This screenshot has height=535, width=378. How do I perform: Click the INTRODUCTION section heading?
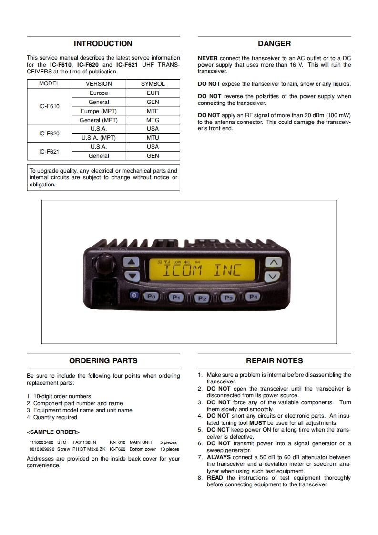(103, 44)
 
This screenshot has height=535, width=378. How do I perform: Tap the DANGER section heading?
(274, 44)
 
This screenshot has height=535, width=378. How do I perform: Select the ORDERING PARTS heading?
(103, 361)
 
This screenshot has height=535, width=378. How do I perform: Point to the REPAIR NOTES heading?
(274, 361)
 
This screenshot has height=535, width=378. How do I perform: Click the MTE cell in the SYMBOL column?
(153, 111)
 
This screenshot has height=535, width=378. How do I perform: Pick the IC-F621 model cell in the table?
(49, 152)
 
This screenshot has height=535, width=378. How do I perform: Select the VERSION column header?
(99, 83)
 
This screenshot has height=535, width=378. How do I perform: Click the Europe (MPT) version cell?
(99, 111)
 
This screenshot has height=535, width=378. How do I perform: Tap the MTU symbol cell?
(153, 138)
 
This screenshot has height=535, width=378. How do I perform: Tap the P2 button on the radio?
(202, 298)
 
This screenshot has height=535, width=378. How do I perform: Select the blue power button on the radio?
(133, 296)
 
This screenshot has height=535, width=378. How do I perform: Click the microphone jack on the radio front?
(102, 289)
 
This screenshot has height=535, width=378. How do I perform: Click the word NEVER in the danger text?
(207, 58)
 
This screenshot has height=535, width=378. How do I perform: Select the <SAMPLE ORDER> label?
(53, 432)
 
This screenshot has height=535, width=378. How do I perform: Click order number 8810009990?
(42, 449)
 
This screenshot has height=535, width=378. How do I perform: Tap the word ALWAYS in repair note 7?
(218, 457)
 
